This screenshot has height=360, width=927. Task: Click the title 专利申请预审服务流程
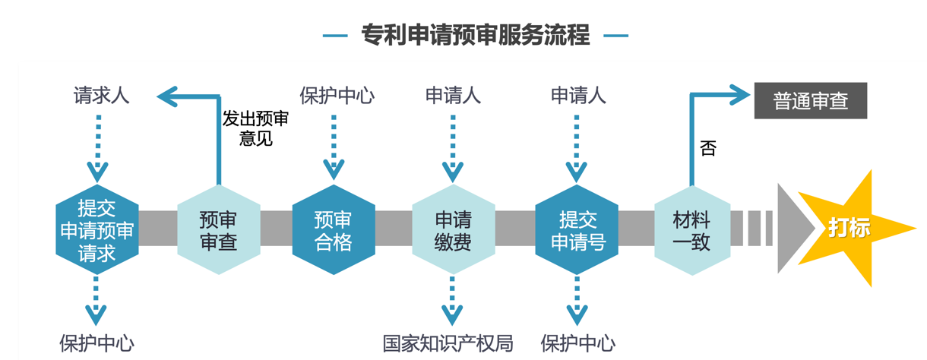[x=475, y=35]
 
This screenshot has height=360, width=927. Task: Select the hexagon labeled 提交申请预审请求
[x=97, y=230]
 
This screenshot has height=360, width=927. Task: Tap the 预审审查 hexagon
[x=218, y=230]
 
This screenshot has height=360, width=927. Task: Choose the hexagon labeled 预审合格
[x=333, y=230]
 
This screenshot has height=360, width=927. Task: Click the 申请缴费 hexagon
[x=453, y=230]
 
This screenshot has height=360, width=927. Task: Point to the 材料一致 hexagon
[x=691, y=230]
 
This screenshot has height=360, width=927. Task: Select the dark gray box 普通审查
[x=810, y=101]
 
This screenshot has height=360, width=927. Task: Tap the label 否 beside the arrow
[x=707, y=148]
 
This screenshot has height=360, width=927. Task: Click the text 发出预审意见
[x=255, y=128]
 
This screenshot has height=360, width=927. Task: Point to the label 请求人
[x=101, y=96]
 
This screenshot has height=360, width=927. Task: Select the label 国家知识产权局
[x=448, y=343]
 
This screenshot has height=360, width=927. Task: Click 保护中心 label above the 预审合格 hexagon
[x=337, y=96]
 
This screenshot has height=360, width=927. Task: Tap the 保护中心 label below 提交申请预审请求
[x=96, y=343]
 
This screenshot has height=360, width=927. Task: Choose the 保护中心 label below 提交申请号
[x=577, y=343]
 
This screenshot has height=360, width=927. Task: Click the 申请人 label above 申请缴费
[x=453, y=96]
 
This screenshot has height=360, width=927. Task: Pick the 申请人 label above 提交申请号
[x=578, y=96]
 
